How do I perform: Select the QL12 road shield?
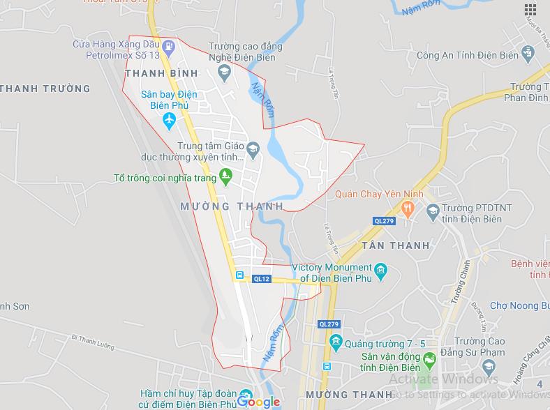(x=261, y=279)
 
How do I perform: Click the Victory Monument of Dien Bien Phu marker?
(x=381, y=271)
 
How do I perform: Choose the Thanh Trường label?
(x=45, y=89)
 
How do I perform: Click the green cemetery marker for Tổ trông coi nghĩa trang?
(x=225, y=177)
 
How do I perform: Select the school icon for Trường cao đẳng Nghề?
(x=224, y=70)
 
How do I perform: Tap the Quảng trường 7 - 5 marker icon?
(x=336, y=342)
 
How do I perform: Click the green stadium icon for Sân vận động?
(x=431, y=358)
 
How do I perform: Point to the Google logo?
(x=258, y=402)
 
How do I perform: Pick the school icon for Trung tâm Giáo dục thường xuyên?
(x=253, y=147)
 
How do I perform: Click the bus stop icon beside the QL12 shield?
(x=241, y=276)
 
